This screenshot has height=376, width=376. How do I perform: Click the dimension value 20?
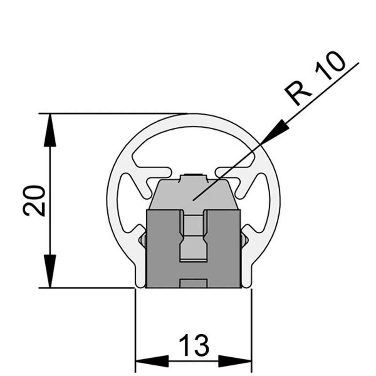pos(34,201)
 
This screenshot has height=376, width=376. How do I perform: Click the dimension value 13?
pos(194,345)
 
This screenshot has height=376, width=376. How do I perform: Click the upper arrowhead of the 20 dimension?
pos(50,130)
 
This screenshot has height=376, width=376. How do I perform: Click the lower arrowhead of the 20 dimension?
pos(50,271)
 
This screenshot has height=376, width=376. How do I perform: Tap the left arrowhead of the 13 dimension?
pos(152,360)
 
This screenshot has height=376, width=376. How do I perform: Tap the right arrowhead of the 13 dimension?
pos(235,360)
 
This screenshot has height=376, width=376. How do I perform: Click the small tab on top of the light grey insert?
pos(193,178)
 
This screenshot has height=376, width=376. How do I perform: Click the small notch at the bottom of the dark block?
pos(193,283)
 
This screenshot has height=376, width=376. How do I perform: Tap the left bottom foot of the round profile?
pos(140,276)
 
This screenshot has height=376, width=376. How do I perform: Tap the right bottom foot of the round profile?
pos(247,276)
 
